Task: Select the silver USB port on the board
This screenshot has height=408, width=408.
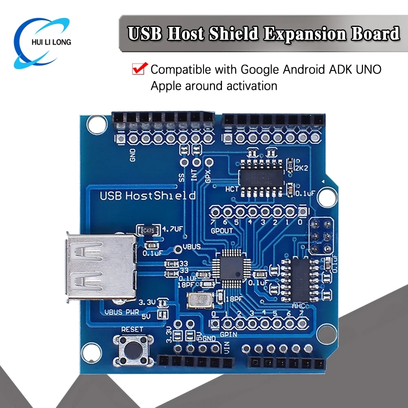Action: [100, 268]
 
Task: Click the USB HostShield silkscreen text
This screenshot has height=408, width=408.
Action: [148, 195]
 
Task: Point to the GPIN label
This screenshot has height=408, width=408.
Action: [229, 335]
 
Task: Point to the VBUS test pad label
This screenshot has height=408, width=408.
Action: [192, 246]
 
